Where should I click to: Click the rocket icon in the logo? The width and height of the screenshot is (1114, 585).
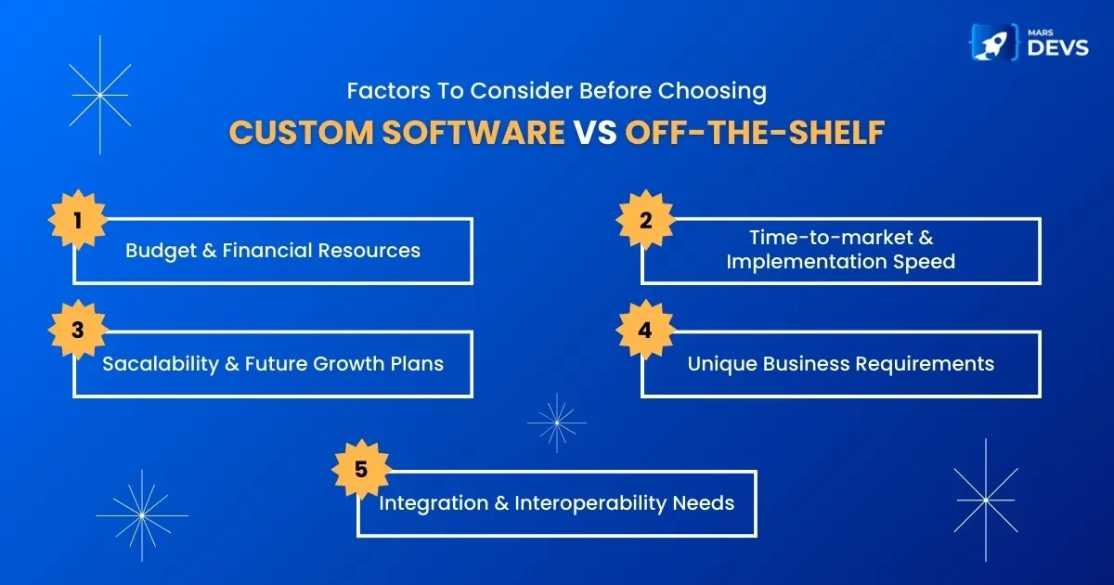[993, 43]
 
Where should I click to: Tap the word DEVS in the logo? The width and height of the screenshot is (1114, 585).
[1057, 48]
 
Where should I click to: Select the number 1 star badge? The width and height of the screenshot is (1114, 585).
[78, 219]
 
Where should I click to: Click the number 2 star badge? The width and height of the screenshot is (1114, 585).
[645, 219]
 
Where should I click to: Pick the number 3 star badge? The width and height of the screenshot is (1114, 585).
[78, 330]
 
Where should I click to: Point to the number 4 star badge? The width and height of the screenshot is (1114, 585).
[645, 330]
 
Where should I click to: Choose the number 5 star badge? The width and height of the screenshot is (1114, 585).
[361, 469]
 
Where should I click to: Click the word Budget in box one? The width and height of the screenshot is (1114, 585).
[161, 252]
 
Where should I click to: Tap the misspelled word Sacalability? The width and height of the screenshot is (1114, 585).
[160, 364]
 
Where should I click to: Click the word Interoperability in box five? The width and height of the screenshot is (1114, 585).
[589, 503]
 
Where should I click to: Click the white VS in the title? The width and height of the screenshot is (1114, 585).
[595, 132]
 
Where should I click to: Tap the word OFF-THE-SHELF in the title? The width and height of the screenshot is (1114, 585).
[755, 132]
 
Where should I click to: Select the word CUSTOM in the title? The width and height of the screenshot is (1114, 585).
[302, 132]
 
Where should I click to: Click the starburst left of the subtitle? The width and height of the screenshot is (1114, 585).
[100, 95]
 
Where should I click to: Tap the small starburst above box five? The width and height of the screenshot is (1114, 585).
[557, 422]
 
